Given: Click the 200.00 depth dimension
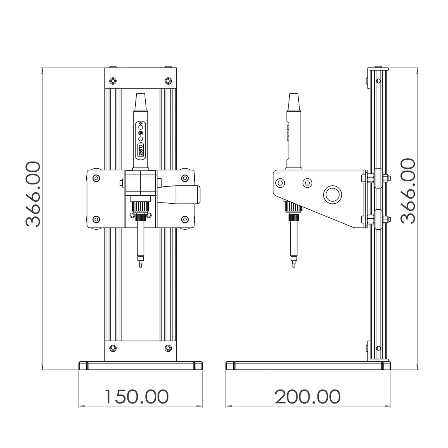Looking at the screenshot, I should coord(307,396).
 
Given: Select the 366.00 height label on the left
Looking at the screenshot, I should coord(33,194).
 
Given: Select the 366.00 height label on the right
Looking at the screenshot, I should coord(408,191).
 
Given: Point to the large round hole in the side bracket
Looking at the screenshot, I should coord(332,195).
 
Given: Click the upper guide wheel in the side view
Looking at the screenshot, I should coord(378,178).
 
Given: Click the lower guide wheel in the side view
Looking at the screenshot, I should coord(378,220).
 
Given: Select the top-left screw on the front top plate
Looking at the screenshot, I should coord(113,81).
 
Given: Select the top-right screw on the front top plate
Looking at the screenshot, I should coord(168,81).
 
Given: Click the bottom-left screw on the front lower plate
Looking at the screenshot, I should coord(113,348).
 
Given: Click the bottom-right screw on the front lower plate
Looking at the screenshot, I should coord(168,348).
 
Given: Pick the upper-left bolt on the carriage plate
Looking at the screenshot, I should coord(96,178).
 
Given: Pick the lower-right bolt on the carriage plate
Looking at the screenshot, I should coord(185,220).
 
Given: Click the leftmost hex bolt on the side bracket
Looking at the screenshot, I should coord(281,183).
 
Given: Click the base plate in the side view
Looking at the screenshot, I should coord(308,366).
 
